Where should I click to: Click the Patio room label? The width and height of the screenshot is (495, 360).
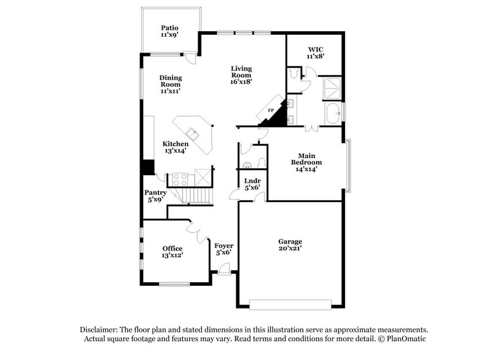coord(169,31)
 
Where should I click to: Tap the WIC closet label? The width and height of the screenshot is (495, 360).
coord(315,52)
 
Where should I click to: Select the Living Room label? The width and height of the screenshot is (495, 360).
coord(241,75)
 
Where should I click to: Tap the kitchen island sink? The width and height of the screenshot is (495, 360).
coord(193,132)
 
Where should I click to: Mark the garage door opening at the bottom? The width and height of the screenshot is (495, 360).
coord(289,304)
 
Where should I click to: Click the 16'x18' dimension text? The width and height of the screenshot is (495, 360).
coord(241,81)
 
